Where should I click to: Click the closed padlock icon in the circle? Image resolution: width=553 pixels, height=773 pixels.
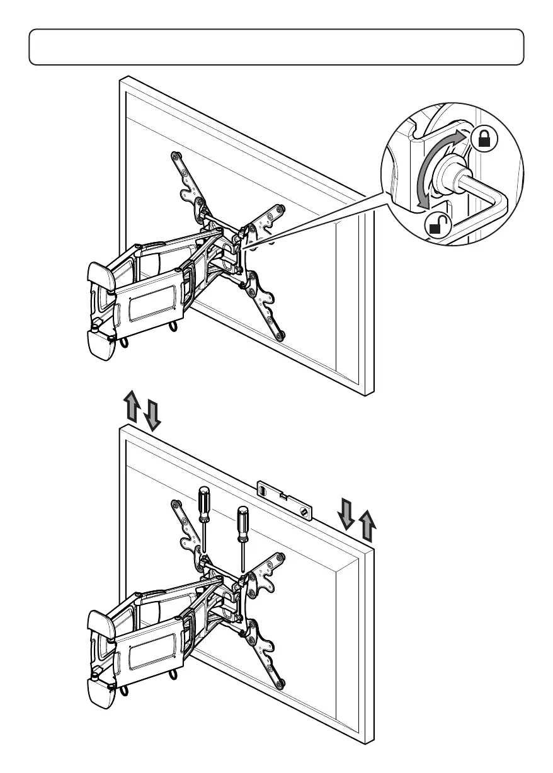click(x=484, y=139)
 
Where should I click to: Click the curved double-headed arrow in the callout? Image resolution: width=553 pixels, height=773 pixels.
click(x=431, y=170)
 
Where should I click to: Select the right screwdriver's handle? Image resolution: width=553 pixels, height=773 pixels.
click(x=241, y=521)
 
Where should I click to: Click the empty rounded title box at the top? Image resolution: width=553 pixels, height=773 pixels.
click(x=276, y=47)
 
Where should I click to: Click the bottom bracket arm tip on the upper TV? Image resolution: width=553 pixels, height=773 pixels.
click(x=281, y=336)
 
